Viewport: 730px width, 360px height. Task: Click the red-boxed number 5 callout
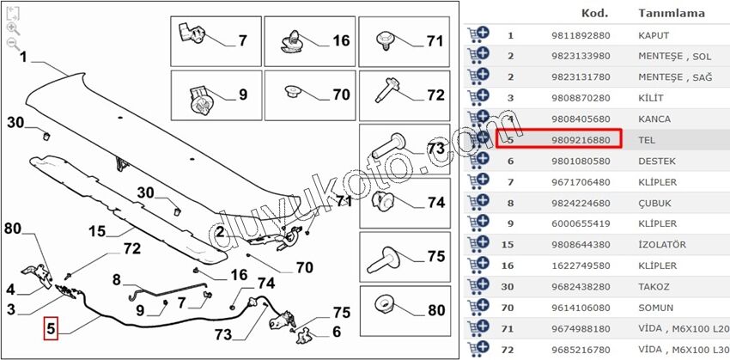tap(51, 328)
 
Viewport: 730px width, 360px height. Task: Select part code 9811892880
tap(580, 35)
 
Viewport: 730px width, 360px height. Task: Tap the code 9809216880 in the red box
tap(580, 140)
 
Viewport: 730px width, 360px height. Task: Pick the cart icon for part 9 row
tap(478, 223)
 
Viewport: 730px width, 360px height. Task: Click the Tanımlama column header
tap(672, 13)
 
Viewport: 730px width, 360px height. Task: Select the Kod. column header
tap(594, 13)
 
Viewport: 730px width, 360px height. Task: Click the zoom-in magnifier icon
tap(13, 28)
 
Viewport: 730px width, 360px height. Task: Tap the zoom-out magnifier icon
tap(13, 44)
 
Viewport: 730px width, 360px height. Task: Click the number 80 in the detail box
tap(436, 309)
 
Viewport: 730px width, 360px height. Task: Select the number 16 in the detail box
tap(341, 40)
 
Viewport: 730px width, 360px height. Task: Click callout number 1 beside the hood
tap(23, 58)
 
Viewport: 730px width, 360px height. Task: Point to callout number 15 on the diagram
tap(97, 230)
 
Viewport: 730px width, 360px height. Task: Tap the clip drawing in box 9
tap(200, 99)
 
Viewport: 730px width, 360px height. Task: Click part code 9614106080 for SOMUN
tap(580, 308)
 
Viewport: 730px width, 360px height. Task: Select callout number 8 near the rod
tap(117, 280)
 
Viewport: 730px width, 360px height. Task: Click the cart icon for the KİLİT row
tap(478, 97)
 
